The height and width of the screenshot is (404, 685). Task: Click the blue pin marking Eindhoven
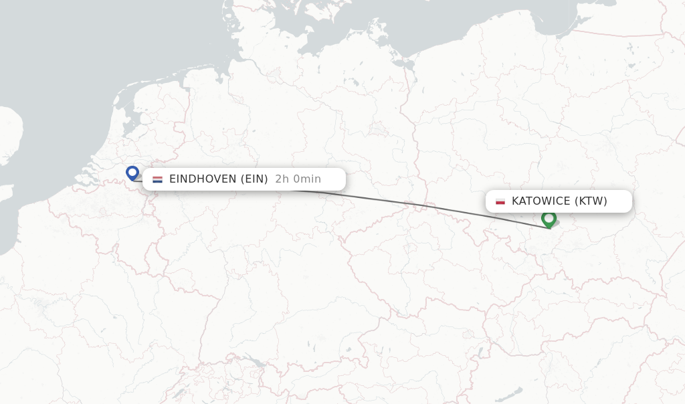pyautogui.click(x=132, y=173)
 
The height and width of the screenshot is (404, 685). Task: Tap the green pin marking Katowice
pyautogui.click(x=549, y=219)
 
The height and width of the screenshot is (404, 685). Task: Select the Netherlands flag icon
pyautogui.click(x=157, y=179)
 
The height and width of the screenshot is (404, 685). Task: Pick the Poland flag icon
pyautogui.click(x=500, y=201)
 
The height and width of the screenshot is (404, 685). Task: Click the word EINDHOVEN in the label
pyautogui.click(x=203, y=179)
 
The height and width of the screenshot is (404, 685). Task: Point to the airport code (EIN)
pyautogui.click(x=254, y=179)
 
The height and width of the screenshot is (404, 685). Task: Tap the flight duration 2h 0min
pyautogui.click(x=298, y=179)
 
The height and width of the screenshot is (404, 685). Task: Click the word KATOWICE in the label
pyautogui.click(x=541, y=201)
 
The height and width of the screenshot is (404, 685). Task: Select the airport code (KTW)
pyautogui.click(x=591, y=201)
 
